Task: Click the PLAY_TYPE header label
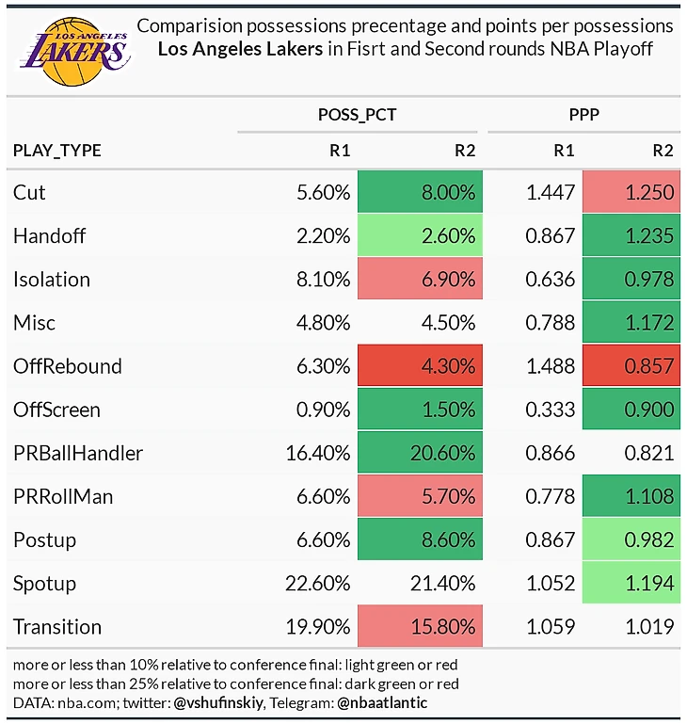click(57, 151)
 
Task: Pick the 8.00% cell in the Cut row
click(420, 192)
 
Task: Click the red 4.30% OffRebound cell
click(420, 366)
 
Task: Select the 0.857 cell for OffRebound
click(631, 366)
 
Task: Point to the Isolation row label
click(52, 280)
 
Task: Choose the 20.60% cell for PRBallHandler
click(420, 453)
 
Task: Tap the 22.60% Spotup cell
click(317, 584)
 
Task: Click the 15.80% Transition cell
click(420, 627)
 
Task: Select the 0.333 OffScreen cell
click(551, 410)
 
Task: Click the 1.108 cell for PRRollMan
click(631, 496)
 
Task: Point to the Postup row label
click(44, 540)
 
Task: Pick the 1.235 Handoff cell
click(631, 235)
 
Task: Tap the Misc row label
click(35, 323)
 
